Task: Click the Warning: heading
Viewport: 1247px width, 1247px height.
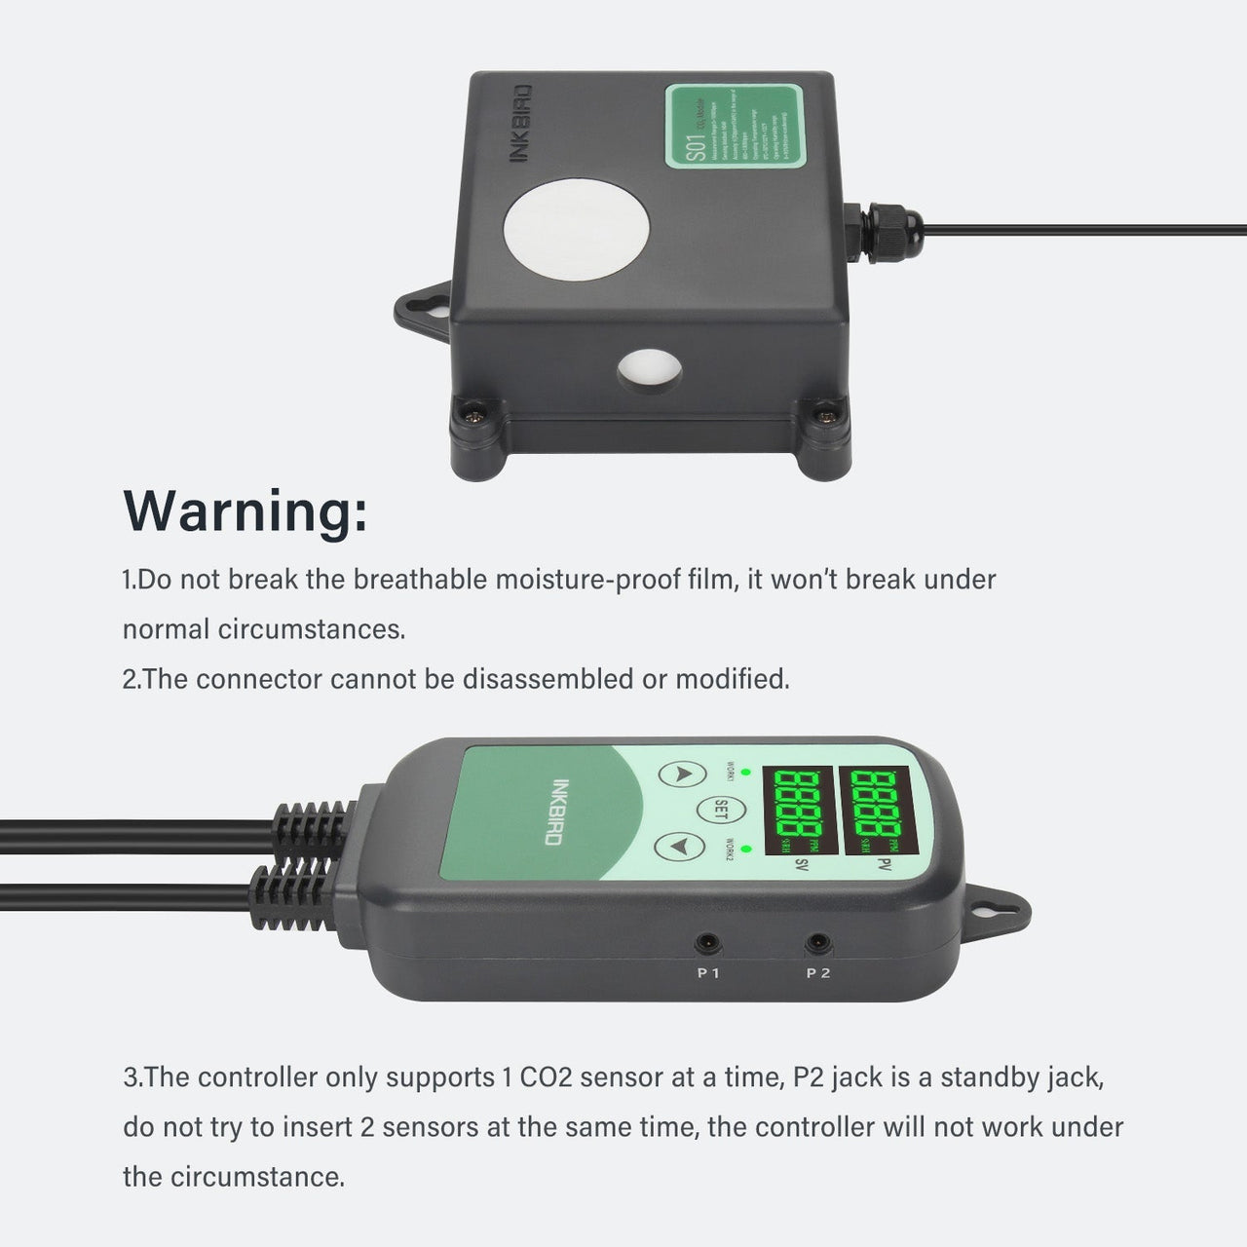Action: point(246,509)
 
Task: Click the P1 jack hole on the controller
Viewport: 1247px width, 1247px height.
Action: point(707,943)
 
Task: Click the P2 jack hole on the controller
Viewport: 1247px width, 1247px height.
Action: point(817,943)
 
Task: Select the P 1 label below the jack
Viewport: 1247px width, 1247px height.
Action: point(708,973)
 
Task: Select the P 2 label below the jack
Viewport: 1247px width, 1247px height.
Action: point(818,973)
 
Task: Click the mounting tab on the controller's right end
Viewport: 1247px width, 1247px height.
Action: point(997,903)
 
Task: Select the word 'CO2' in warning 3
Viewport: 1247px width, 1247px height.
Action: point(553,1077)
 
